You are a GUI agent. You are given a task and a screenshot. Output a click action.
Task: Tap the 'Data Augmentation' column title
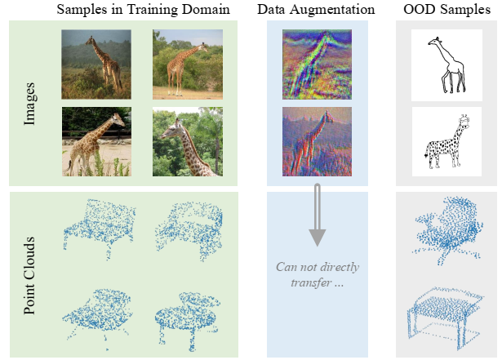pos(316,10)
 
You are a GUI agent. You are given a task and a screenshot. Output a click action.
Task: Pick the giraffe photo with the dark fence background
pos(97,142)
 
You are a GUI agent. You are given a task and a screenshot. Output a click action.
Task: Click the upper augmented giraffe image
pos(316,62)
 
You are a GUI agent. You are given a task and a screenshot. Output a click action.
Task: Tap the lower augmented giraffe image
pos(316,140)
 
